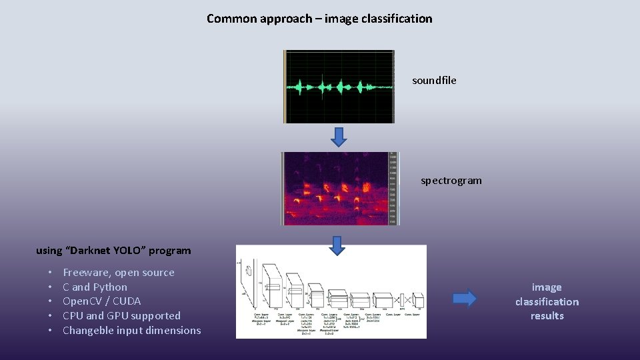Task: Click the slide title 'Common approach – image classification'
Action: click(x=319, y=19)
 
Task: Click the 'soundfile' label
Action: click(x=434, y=81)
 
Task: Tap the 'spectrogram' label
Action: click(x=451, y=181)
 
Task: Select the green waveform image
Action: click(x=339, y=87)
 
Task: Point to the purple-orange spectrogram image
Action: click(x=335, y=189)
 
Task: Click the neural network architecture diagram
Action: click(x=331, y=291)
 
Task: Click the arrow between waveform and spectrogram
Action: click(x=339, y=137)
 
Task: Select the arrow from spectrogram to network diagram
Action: click(x=338, y=245)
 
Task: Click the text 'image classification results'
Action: click(x=547, y=301)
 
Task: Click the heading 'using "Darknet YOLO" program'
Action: click(x=113, y=251)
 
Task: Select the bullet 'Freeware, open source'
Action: click(x=119, y=273)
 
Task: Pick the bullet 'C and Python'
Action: click(x=95, y=287)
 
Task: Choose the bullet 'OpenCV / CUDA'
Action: click(x=102, y=301)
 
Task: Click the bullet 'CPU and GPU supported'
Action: click(x=121, y=316)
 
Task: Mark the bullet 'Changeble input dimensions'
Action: click(x=131, y=331)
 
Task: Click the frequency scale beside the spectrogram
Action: click(x=393, y=189)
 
